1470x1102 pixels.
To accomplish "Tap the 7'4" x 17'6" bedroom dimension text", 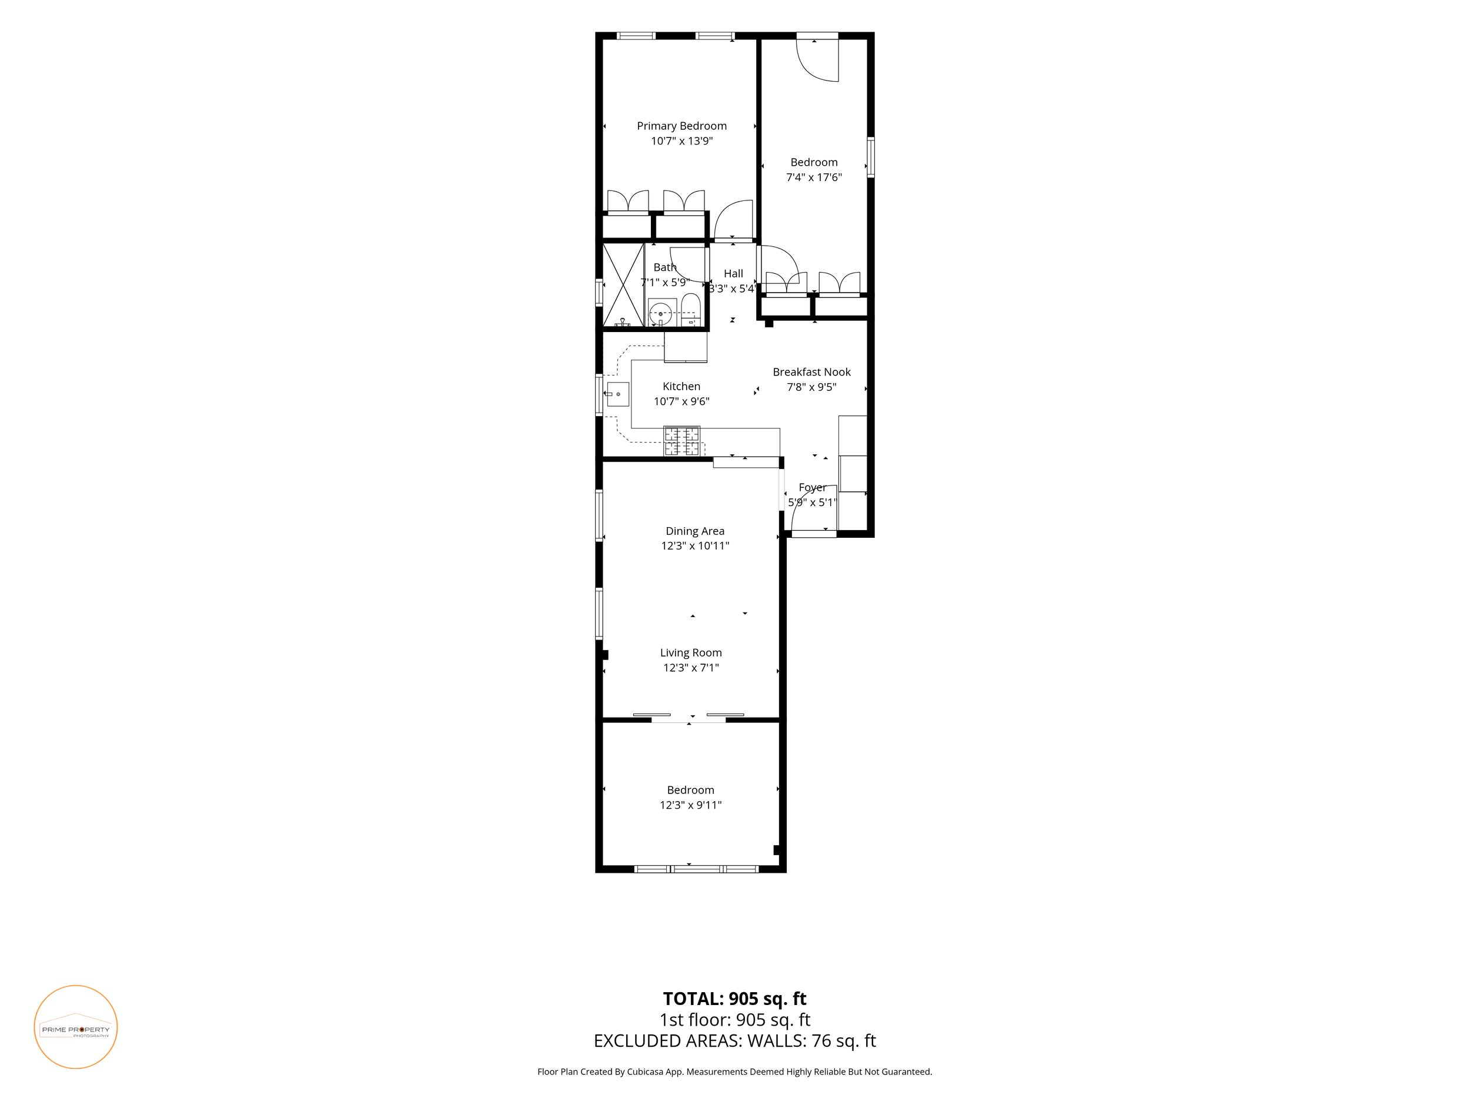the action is [x=813, y=177].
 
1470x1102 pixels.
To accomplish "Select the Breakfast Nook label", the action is [x=811, y=372].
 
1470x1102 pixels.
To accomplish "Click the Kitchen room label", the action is [x=681, y=387].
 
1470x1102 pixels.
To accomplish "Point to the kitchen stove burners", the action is [x=682, y=441].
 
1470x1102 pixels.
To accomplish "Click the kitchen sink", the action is [x=617, y=394].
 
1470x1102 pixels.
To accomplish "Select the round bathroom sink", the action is [x=660, y=313].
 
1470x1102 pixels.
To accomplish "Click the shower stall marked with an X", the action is [x=623, y=285].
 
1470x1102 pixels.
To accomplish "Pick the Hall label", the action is [x=733, y=274].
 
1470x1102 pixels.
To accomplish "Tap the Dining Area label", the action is [x=695, y=531].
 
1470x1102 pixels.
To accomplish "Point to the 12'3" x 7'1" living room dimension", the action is [x=691, y=668].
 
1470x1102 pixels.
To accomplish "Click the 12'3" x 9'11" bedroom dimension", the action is [x=690, y=805].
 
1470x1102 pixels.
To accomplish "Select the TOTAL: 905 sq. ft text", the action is [x=734, y=999].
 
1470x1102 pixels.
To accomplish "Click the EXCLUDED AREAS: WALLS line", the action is [x=734, y=1041].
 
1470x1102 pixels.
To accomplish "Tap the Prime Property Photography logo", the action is [x=76, y=1027].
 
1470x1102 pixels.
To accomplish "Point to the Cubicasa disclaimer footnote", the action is [x=734, y=1071].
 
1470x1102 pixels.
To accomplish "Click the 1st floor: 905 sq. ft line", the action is [x=734, y=1020].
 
